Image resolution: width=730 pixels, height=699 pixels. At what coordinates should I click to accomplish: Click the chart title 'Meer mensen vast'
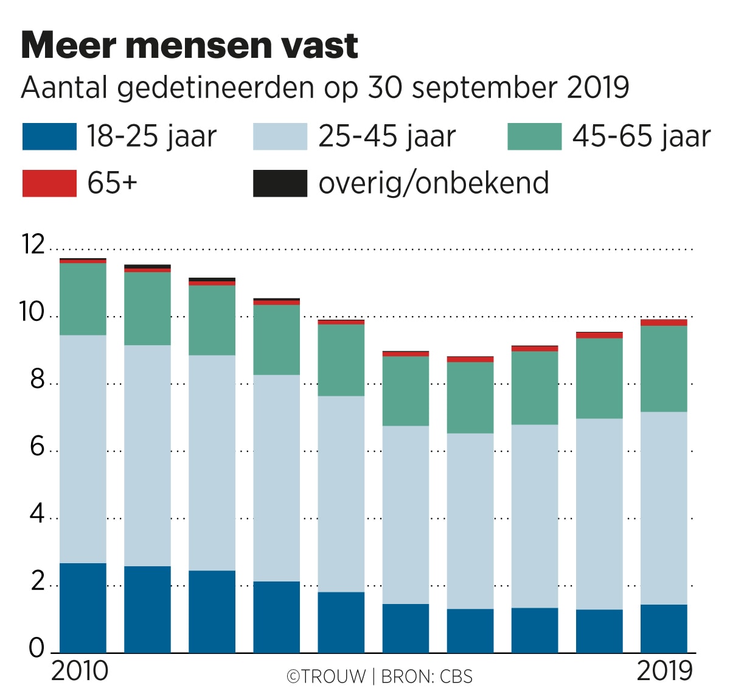(x=190, y=45)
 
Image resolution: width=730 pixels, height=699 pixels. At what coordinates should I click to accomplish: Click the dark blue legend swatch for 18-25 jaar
(x=49, y=136)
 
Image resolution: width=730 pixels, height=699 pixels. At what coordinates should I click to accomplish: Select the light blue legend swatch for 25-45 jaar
(x=280, y=136)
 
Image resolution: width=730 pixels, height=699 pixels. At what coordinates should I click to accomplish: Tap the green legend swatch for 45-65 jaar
(x=534, y=136)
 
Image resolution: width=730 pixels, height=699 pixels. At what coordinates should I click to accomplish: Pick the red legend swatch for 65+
(x=49, y=183)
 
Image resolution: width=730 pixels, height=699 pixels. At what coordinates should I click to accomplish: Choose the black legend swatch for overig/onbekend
(x=280, y=183)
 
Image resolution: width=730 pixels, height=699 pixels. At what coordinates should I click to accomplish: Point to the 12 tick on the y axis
(x=33, y=245)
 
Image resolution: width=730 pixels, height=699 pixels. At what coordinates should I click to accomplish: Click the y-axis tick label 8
(x=36, y=380)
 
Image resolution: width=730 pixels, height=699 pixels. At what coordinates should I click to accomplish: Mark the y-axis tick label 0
(x=36, y=649)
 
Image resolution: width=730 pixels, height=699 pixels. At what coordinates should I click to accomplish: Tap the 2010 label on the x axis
(x=80, y=671)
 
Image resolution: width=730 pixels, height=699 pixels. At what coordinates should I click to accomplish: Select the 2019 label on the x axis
(x=665, y=671)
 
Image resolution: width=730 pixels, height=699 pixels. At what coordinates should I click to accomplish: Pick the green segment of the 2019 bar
(x=664, y=369)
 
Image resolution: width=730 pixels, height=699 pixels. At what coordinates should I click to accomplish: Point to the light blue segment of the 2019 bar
(x=664, y=508)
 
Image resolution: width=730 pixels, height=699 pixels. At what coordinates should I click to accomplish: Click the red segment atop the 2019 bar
(x=664, y=323)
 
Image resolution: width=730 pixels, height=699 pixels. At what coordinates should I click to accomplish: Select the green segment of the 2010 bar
(x=83, y=299)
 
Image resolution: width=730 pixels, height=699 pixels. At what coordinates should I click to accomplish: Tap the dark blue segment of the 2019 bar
(x=664, y=628)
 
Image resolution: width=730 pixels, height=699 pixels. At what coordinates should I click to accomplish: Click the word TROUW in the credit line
(x=333, y=676)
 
